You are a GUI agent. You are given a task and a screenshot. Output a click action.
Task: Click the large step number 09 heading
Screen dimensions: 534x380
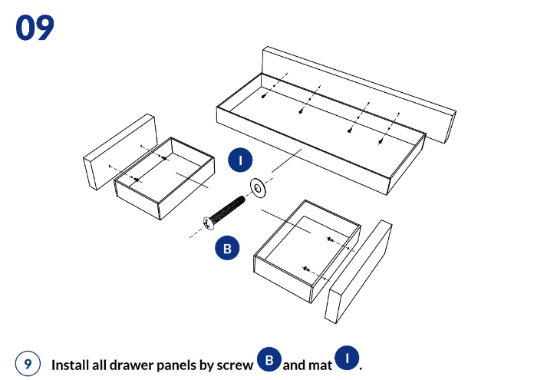point(35,28)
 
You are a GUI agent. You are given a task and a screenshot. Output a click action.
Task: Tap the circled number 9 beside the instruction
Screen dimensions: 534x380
point(28,363)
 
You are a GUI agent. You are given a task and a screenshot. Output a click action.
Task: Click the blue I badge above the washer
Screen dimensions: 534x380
point(240,160)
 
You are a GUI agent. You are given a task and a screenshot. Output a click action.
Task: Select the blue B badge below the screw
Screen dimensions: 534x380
point(228,248)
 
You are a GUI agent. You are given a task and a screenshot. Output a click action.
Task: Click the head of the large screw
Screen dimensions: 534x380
point(209,223)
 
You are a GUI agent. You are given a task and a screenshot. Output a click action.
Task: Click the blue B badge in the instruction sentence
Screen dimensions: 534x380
point(269,359)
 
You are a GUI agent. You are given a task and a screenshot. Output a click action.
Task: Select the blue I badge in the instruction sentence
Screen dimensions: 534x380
point(347,358)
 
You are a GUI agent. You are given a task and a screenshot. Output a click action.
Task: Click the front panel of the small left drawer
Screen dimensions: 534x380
point(120,152)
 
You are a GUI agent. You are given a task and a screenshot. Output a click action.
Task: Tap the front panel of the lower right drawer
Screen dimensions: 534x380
point(358,272)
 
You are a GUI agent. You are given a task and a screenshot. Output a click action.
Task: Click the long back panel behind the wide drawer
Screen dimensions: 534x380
point(359,94)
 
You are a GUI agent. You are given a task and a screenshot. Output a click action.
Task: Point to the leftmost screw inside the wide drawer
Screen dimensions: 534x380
point(263,97)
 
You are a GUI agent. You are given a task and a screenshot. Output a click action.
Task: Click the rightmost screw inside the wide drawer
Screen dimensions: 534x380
point(381,141)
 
